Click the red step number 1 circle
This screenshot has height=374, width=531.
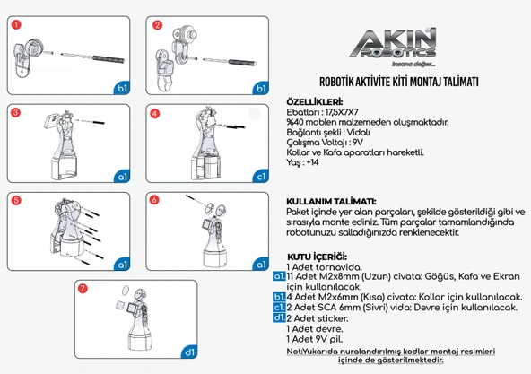pyautogui.click(x=16, y=25)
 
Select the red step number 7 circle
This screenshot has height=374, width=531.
pyautogui.click(x=83, y=289)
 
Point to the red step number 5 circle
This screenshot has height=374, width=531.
pyautogui.click(x=16, y=201)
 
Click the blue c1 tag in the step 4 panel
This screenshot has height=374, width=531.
pyautogui.click(x=261, y=177)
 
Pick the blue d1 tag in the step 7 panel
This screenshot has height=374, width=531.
pyautogui.click(x=190, y=351)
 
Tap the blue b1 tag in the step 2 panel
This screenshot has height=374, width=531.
pyautogui.click(x=261, y=89)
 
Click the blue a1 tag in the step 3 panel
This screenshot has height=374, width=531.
pyautogui.click(x=122, y=177)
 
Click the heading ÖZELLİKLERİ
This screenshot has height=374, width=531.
pyautogui.click(x=314, y=101)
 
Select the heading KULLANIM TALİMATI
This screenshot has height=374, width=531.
pyautogui.click(x=330, y=201)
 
